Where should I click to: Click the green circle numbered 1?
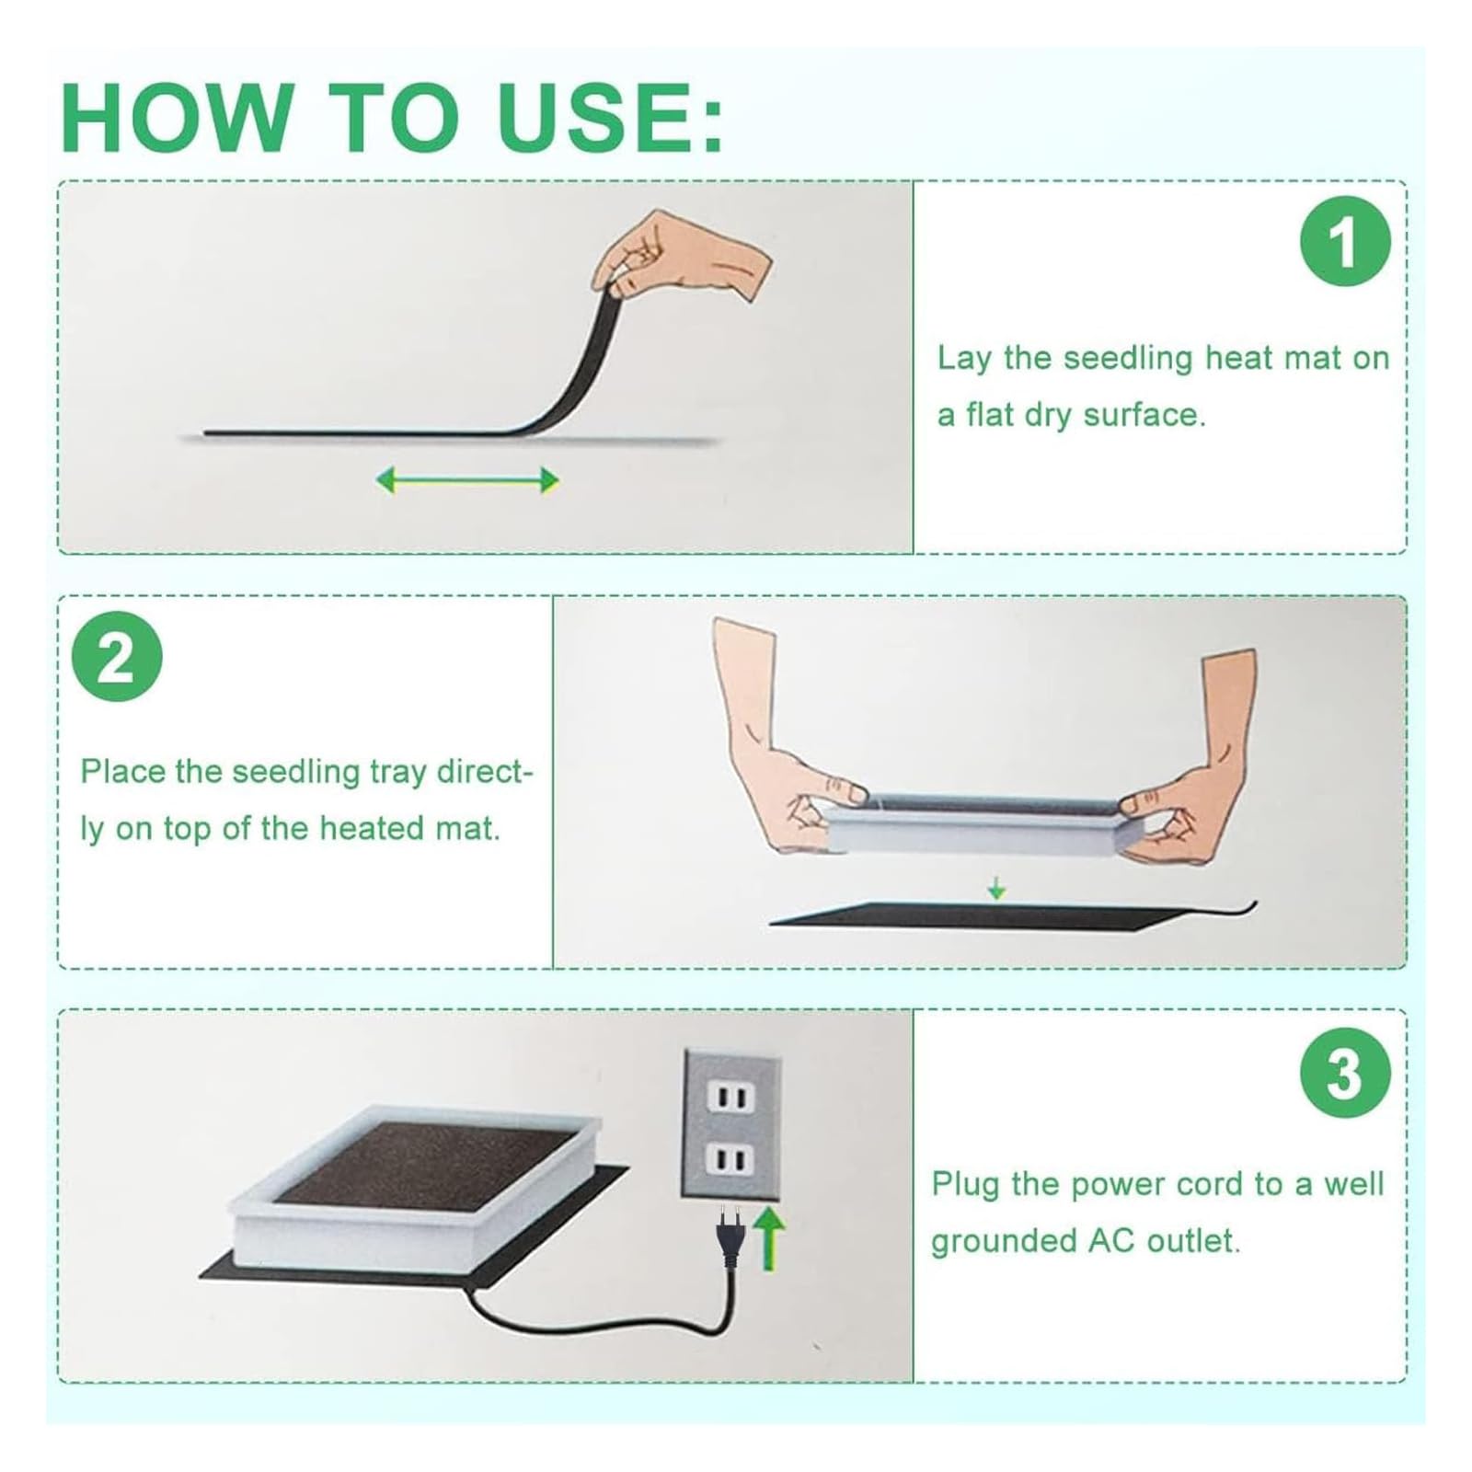coord(1344,241)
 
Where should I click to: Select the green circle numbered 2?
coord(117,656)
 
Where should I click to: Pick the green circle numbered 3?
coord(1344,1073)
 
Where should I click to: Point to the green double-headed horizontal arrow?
coord(467,479)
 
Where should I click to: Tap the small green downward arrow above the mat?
coord(995,888)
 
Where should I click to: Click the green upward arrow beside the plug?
coord(770,1238)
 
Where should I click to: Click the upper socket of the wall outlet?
coord(731,1097)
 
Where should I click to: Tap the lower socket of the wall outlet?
coord(731,1160)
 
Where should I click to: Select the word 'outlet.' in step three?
coord(1193,1240)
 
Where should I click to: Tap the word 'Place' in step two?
coord(123,771)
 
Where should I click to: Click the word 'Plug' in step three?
coord(965,1185)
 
